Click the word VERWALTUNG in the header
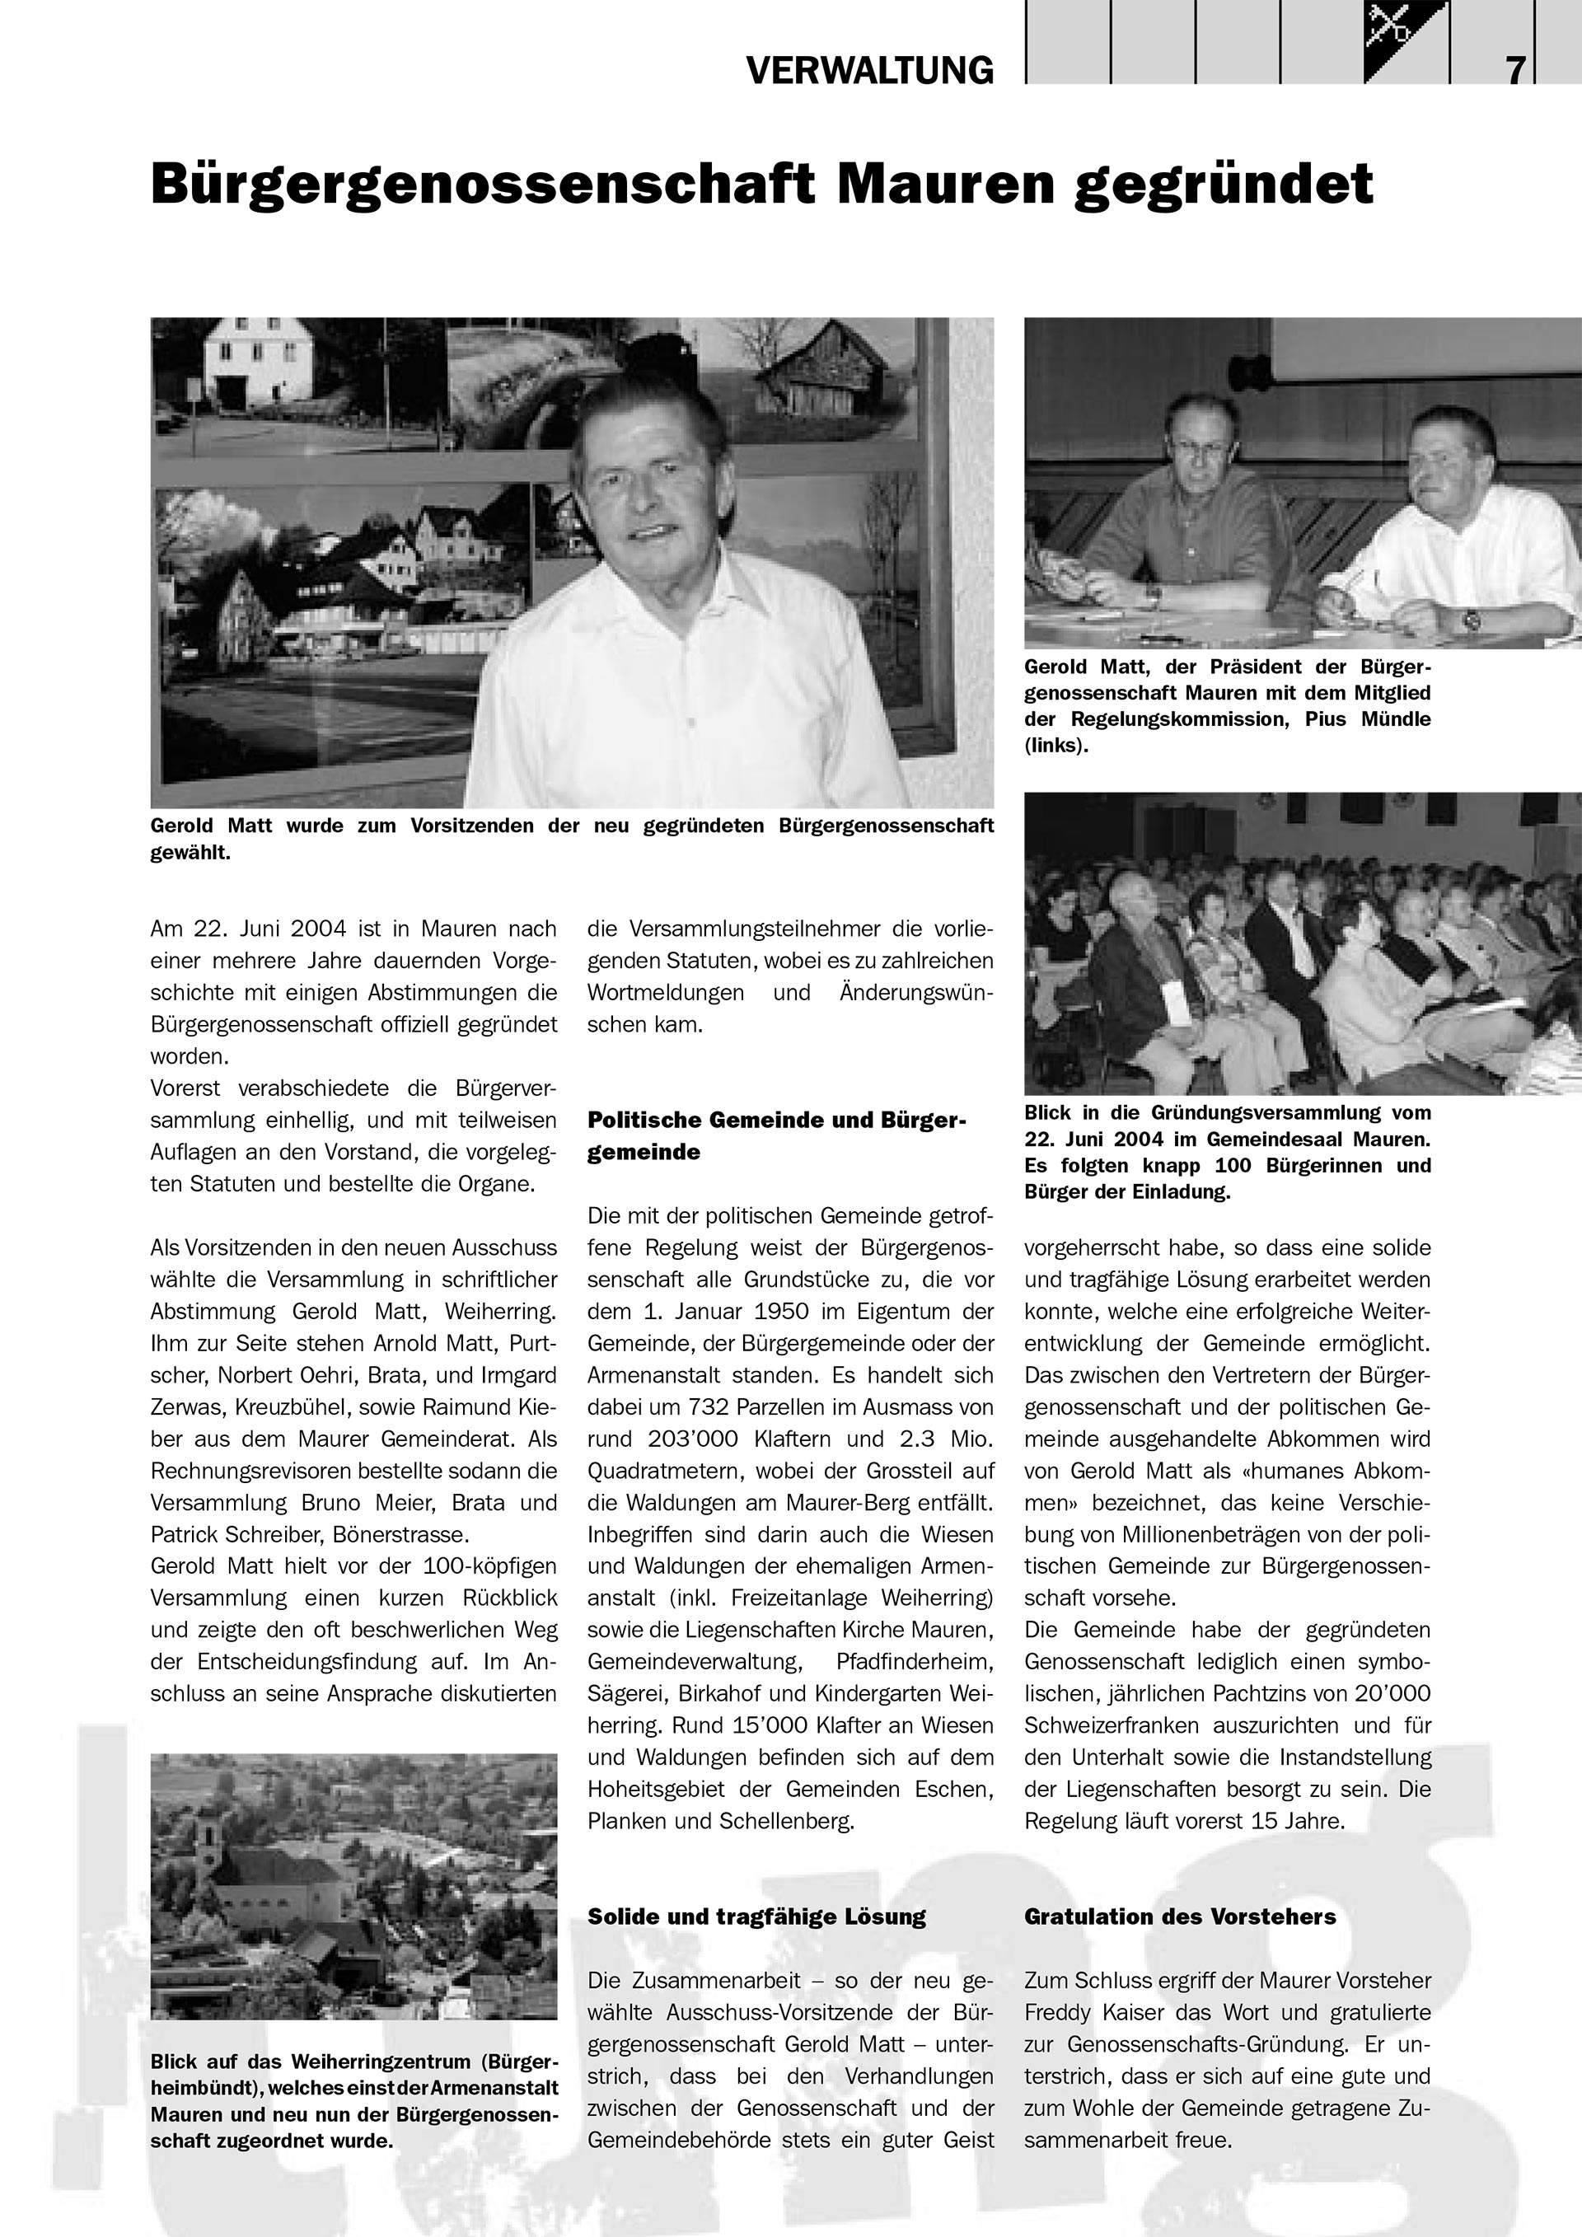[x=869, y=70]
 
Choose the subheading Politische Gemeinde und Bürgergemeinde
[x=776, y=1136]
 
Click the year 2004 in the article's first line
[x=311, y=929]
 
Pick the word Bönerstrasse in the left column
[x=400, y=1534]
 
